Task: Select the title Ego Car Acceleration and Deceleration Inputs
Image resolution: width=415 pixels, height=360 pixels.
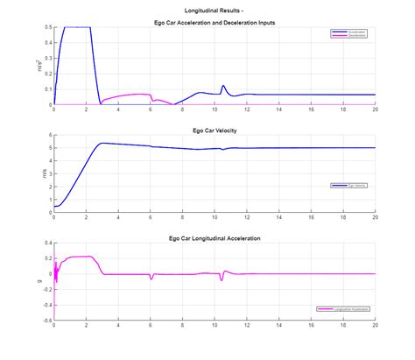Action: (x=214, y=21)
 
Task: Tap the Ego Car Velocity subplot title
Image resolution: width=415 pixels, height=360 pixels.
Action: (x=214, y=130)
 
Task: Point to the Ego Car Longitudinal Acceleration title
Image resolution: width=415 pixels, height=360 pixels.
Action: (x=214, y=237)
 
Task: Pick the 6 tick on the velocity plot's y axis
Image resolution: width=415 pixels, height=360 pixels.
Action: (x=49, y=135)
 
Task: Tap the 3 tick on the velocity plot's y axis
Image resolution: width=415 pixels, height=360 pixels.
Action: (x=49, y=173)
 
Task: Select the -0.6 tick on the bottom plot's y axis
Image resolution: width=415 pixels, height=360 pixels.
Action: (x=46, y=320)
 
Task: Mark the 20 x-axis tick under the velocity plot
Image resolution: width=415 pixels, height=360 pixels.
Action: (x=375, y=218)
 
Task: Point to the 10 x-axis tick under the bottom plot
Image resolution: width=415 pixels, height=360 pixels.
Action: (x=215, y=326)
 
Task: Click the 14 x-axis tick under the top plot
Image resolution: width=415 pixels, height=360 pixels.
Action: (x=278, y=110)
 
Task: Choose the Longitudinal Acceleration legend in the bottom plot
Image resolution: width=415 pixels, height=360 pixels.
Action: (x=341, y=309)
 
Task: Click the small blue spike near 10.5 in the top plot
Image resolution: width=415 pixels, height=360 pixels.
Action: (x=223, y=86)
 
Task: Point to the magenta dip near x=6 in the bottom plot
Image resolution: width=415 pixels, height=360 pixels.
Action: (x=151, y=279)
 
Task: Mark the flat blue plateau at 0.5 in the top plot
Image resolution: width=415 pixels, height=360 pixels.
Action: (x=77, y=27)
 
